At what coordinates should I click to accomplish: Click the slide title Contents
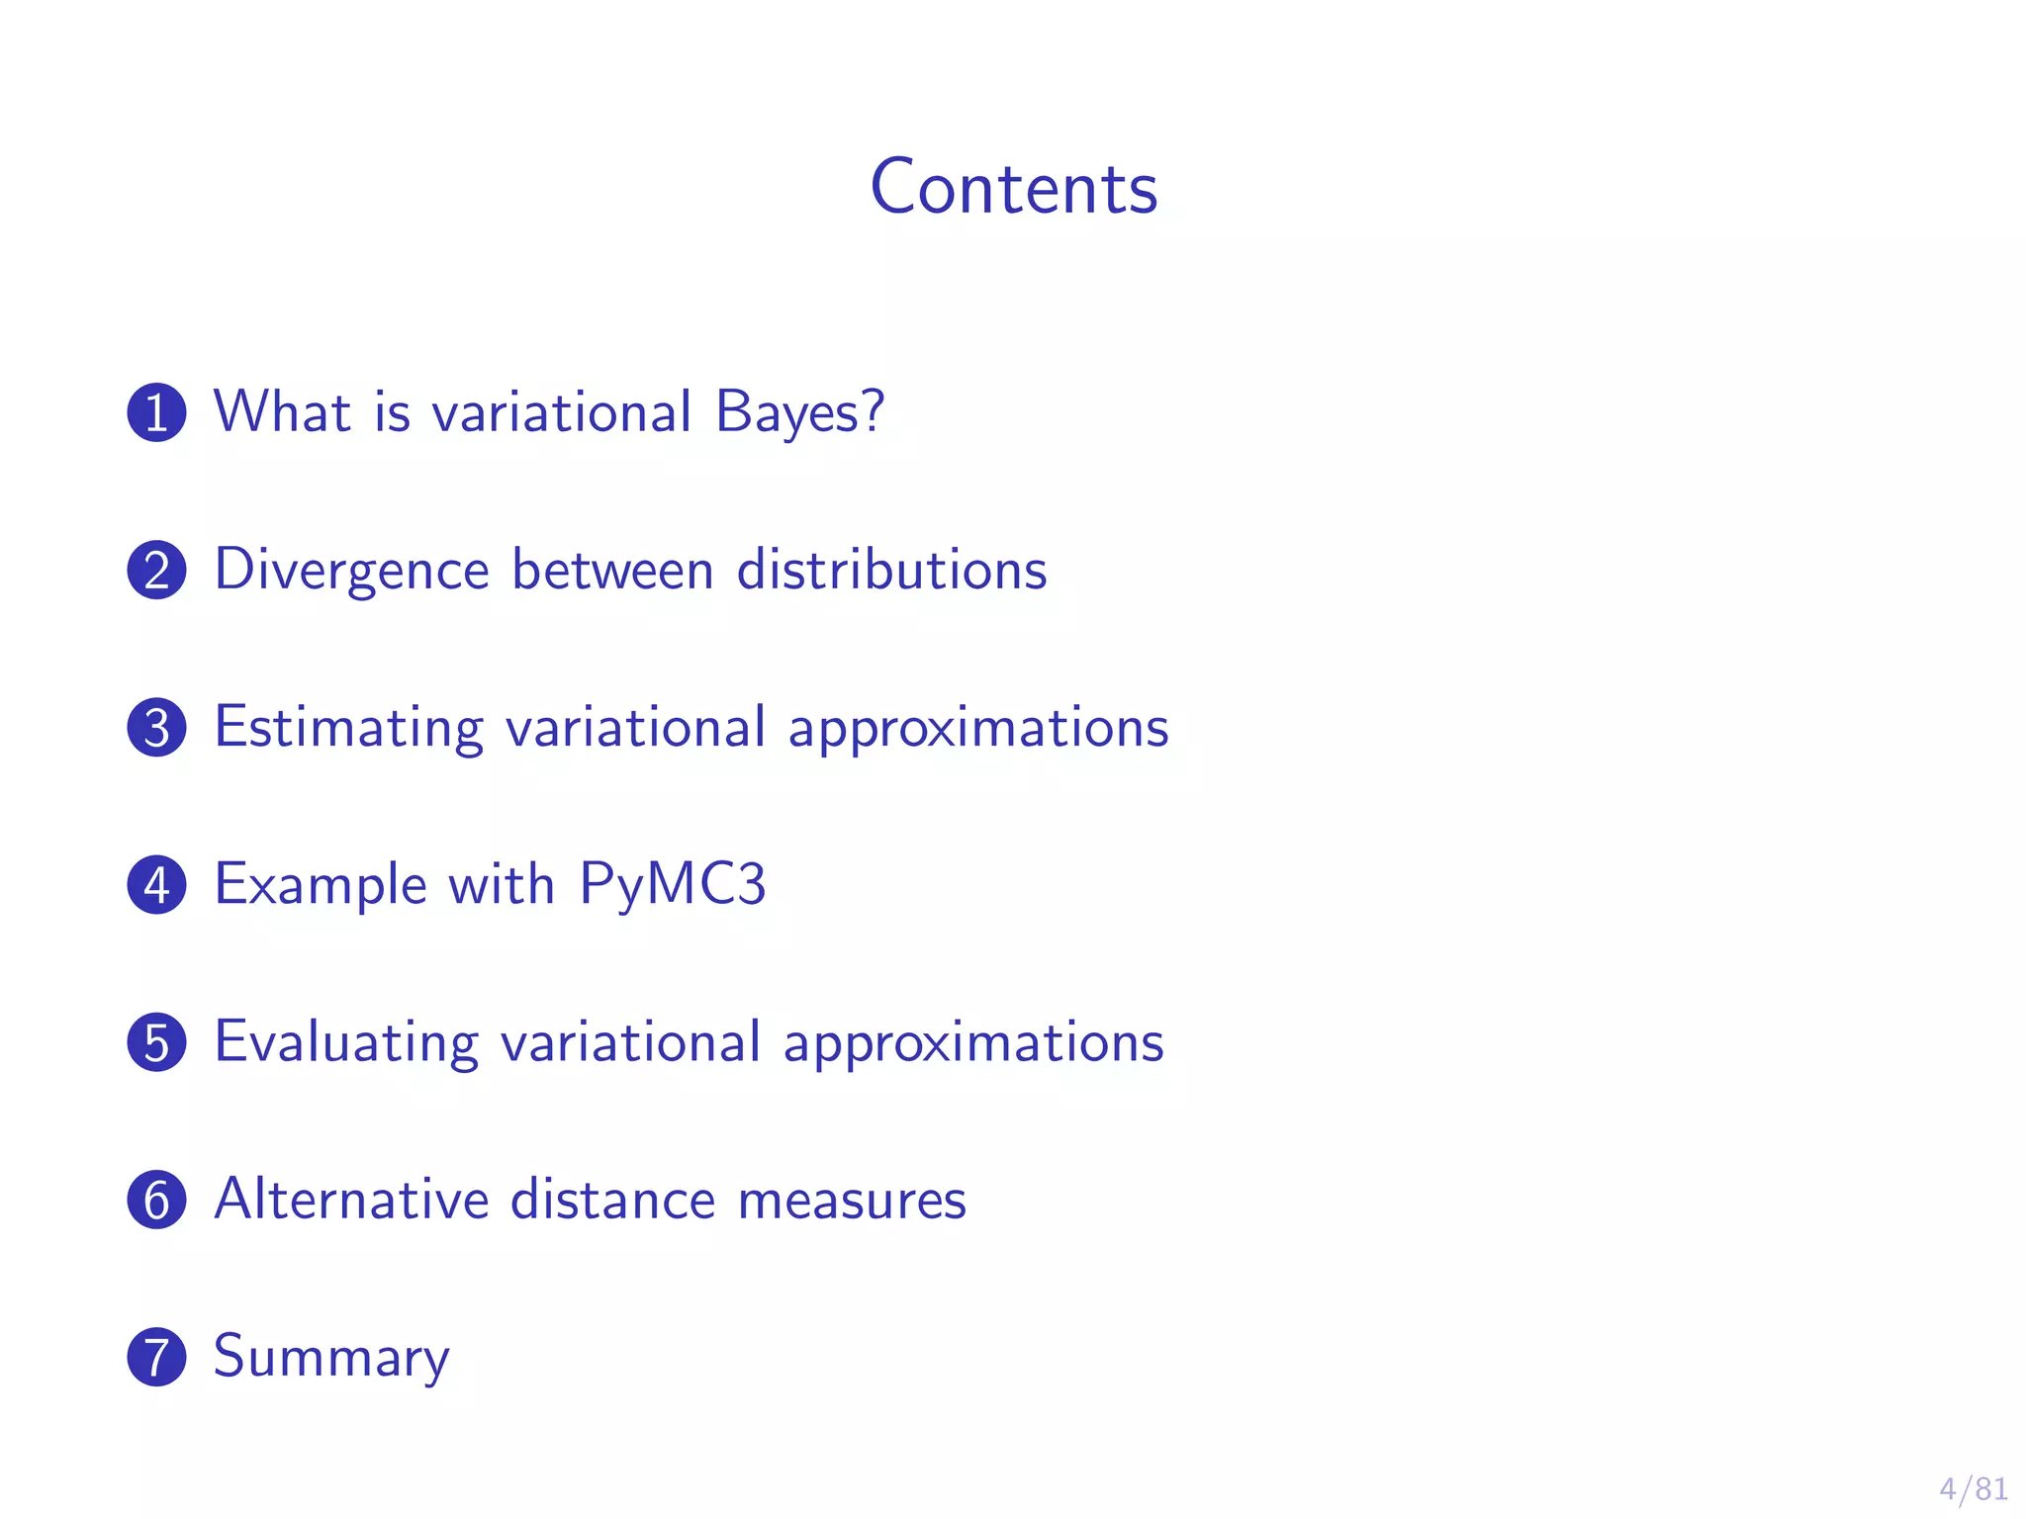click(x=1013, y=187)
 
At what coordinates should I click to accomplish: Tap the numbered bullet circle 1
click(x=156, y=412)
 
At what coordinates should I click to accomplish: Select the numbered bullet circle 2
click(x=156, y=570)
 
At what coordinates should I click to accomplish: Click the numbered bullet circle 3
click(x=156, y=727)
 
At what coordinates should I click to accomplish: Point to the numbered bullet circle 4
click(x=156, y=884)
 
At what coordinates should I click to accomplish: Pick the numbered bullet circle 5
click(x=156, y=1041)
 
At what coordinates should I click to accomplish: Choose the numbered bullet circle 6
click(x=156, y=1200)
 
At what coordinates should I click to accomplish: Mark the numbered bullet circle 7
click(x=156, y=1357)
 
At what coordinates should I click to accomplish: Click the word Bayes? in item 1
click(x=799, y=412)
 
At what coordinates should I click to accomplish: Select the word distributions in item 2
click(x=891, y=570)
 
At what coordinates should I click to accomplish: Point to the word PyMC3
click(x=672, y=884)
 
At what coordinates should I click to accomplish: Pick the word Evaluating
click(x=346, y=1043)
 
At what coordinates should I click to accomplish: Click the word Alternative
click(x=351, y=1200)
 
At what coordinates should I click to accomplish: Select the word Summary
click(x=331, y=1358)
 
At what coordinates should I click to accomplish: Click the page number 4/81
click(x=1973, y=1488)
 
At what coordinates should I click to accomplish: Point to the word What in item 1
click(x=282, y=411)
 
